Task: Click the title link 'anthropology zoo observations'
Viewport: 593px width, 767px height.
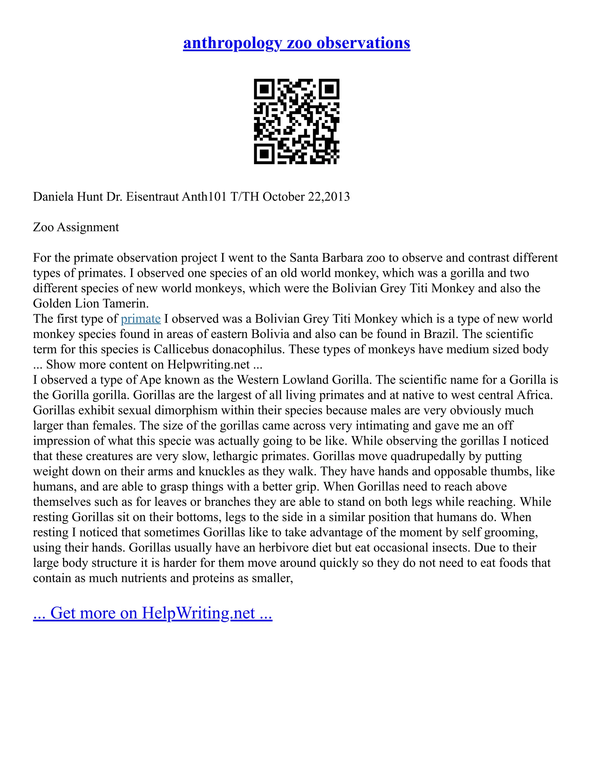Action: pos(296,43)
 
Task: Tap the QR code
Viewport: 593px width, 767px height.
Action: pos(296,121)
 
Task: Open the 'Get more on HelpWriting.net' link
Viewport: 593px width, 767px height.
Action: pos(153,613)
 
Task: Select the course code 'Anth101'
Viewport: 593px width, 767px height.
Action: pos(204,197)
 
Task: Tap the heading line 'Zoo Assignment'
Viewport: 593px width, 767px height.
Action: pos(76,227)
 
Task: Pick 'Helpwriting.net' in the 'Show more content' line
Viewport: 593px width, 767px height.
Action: pos(209,364)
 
